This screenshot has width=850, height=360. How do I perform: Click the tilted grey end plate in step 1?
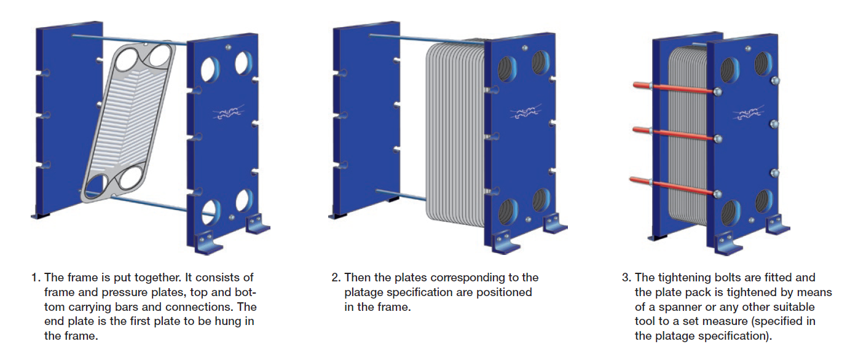click(129, 122)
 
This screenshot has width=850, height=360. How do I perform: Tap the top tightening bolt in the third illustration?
click(675, 88)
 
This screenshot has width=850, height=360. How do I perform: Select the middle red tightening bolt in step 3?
click(675, 135)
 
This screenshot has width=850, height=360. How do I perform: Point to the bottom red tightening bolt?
click(674, 187)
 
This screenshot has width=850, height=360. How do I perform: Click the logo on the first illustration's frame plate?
click(229, 112)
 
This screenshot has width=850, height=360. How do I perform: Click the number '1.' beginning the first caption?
click(36, 278)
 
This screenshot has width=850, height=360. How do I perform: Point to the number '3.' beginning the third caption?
click(626, 278)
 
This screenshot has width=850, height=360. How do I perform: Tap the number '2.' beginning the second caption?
click(336, 278)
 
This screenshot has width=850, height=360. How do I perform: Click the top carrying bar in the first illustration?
click(130, 40)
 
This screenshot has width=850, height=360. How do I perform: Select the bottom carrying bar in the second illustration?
click(401, 194)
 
